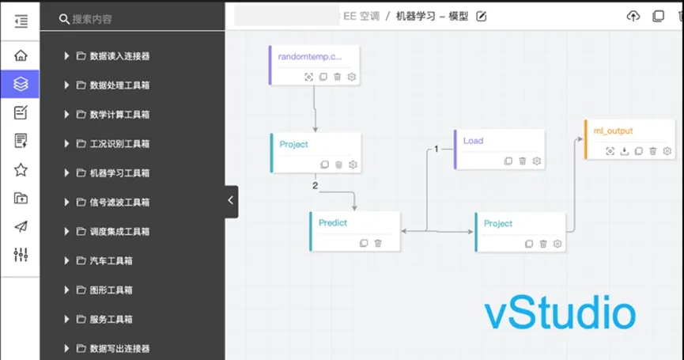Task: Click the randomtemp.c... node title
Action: (x=310, y=57)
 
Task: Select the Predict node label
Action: (x=333, y=223)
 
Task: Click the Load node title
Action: (x=473, y=141)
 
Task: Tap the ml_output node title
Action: (x=613, y=131)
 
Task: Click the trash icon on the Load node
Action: (x=523, y=161)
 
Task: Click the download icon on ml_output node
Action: (x=625, y=151)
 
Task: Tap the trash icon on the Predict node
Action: (x=378, y=244)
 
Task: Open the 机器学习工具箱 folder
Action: (x=119, y=173)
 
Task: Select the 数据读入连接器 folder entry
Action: (x=119, y=56)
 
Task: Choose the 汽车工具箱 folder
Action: (x=111, y=261)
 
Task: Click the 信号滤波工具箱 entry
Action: (x=119, y=203)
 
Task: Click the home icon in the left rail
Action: (x=21, y=55)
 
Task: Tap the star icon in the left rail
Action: (x=21, y=169)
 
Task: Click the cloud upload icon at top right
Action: (x=633, y=17)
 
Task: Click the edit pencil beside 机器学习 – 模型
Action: (x=482, y=17)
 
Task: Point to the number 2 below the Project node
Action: (x=315, y=185)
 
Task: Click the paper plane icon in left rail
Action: (x=21, y=226)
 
